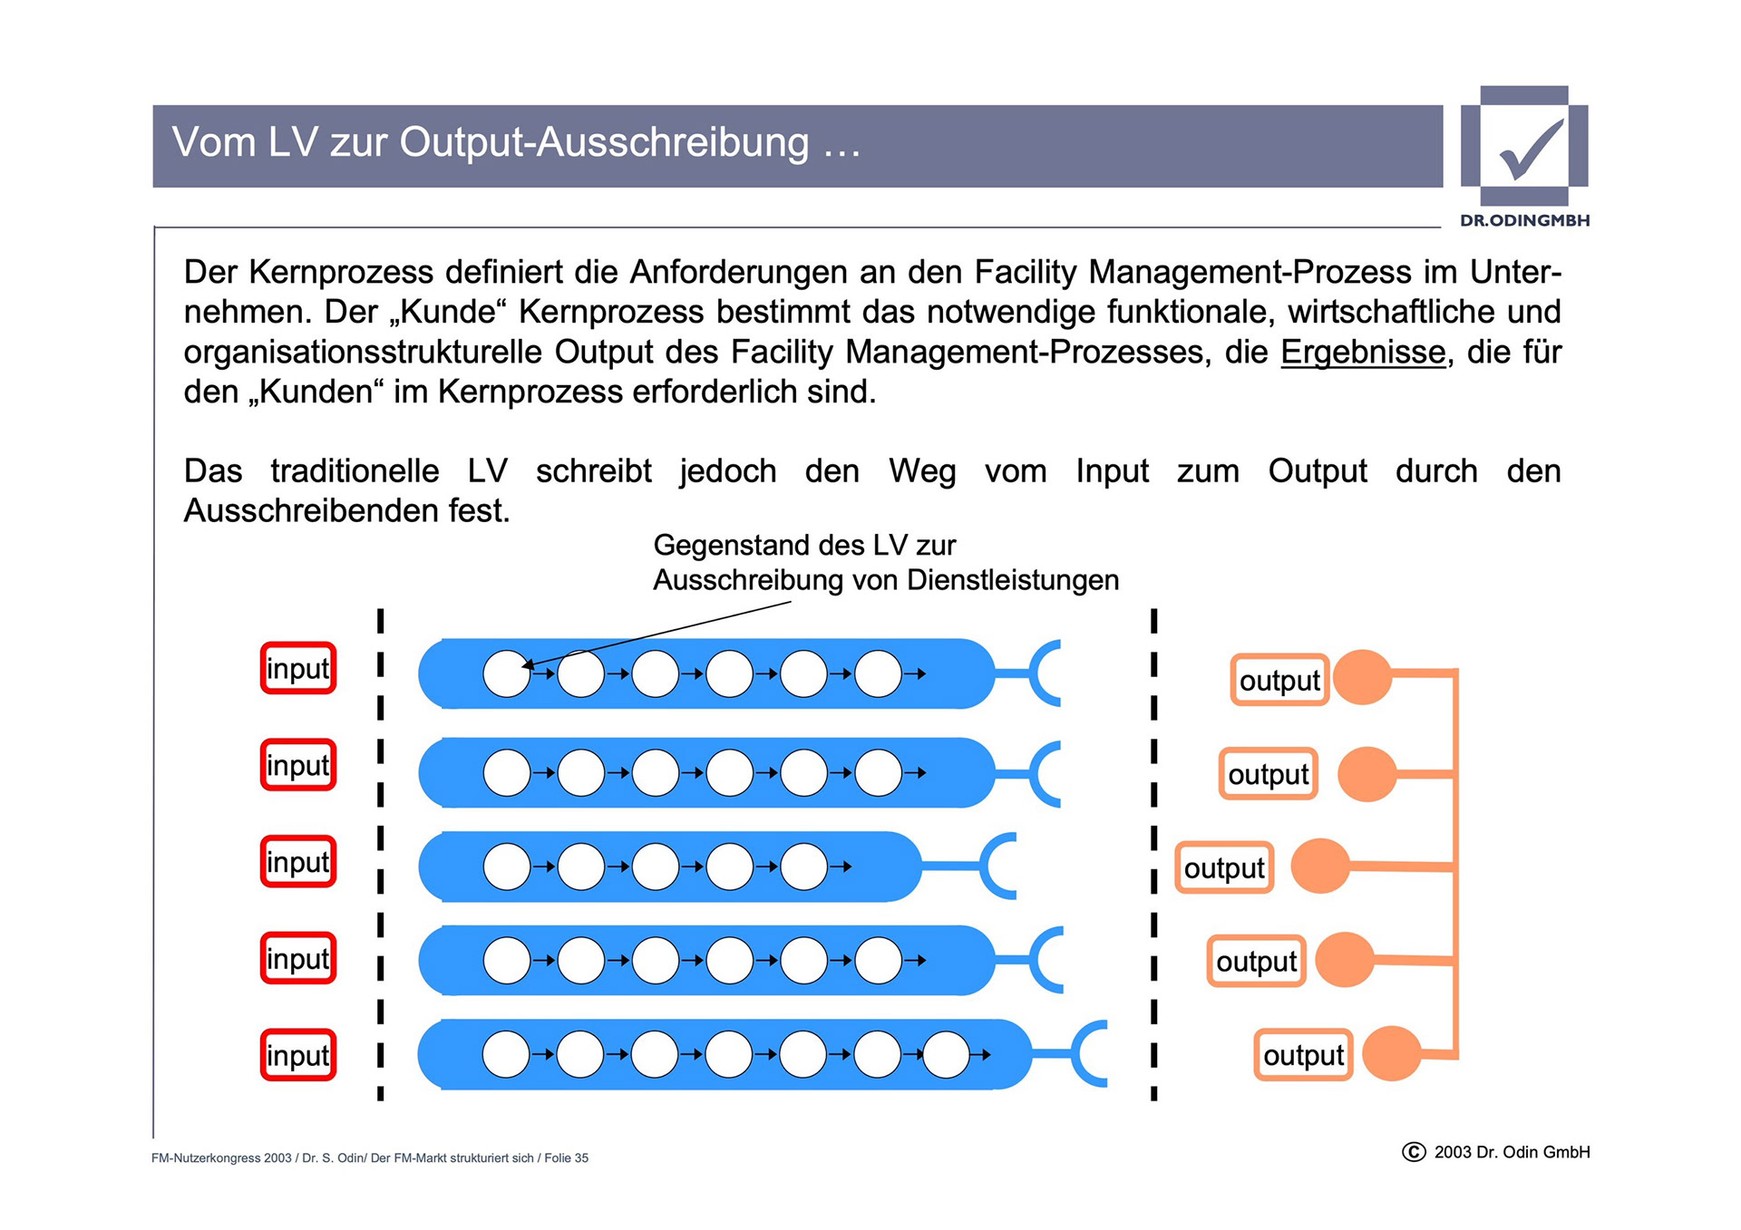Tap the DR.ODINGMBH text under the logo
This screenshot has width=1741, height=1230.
point(1524,220)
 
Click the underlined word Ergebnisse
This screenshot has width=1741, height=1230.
point(1362,352)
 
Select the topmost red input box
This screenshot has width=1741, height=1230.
point(298,669)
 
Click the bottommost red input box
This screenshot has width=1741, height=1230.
point(298,1055)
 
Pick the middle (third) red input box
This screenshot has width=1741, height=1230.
point(298,862)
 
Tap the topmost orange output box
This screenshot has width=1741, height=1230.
point(1279,680)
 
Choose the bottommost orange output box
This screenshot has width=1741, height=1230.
point(1303,1055)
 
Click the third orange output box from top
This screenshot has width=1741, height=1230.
point(1224,867)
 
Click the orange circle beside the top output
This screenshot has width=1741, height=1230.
point(1362,677)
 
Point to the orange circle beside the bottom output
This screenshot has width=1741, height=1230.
point(1391,1053)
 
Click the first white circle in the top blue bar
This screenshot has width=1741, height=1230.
point(507,673)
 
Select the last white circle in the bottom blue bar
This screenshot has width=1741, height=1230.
point(946,1055)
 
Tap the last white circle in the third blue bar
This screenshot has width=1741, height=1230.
point(803,867)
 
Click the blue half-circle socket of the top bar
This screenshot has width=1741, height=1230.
point(1046,673)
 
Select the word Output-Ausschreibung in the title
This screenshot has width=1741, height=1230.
point(604,143)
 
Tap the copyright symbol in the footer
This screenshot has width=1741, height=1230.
point(1414,1152)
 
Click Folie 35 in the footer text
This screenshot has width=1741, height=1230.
point(566,1158)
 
